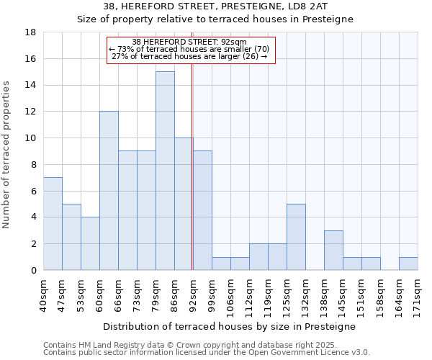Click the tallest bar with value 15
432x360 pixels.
[x=165, y=171]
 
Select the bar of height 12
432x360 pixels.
[x=109, y=191]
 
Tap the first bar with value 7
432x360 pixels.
[x=53, y=224]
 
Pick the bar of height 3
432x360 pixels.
[x=333, y=251]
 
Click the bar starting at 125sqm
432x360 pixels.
[x=296, y=237]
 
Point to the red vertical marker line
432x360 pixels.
[x=192, y=166]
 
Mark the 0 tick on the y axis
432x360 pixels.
[x=33, y=270]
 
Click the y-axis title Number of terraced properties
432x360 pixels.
[x=7, y=155]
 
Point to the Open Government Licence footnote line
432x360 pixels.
[x=207, y=353]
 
